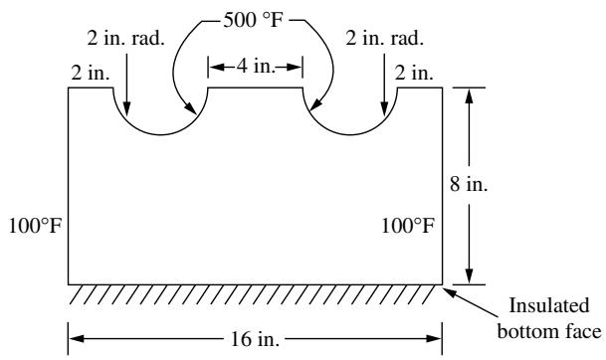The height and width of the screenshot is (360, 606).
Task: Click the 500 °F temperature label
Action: point(254,19)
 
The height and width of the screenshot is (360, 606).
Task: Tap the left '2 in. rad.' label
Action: point(126,38)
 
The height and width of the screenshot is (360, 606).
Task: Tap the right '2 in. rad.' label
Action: point(384,38)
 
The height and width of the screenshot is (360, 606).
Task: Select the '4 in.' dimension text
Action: point(256,67)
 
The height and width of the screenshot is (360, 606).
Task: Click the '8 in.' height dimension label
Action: point(469,184)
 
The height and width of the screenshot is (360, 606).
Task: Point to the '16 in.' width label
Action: point(255,339)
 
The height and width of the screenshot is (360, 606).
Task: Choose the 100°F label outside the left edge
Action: point(35,226)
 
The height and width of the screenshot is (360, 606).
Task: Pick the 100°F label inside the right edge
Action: point(408,226)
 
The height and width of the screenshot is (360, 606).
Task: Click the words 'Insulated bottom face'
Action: point(549,318)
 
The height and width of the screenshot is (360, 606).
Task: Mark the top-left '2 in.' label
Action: point(91,73)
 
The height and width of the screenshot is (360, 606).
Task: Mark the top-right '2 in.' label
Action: point(414,73)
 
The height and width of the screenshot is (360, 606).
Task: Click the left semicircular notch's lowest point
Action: point(160,135)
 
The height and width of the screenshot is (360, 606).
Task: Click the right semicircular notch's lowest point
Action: point(350,135)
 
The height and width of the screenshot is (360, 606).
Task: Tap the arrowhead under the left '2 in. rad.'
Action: point(126,109)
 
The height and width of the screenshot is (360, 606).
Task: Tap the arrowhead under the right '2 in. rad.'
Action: point(384,109)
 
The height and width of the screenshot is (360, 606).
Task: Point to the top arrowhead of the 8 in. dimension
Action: point(469,95)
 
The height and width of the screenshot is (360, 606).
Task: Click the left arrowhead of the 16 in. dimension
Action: point(77,339)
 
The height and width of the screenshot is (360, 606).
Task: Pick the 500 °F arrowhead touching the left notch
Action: point(191,109)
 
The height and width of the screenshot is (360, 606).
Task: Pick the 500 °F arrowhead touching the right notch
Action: point(315,105)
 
